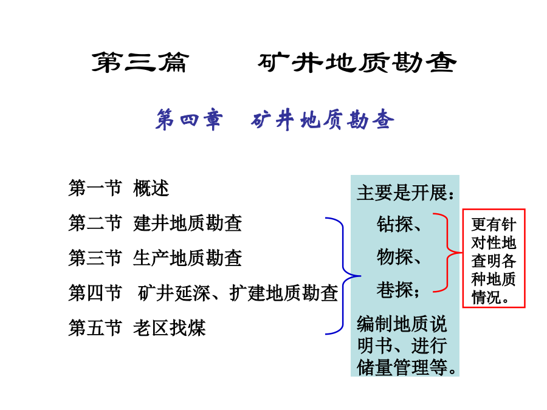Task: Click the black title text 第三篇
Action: coord(140,63)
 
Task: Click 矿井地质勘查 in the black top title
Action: coord(357,63)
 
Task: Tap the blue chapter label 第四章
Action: coord(189,120)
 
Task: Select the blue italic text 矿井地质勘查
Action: coord(322,120)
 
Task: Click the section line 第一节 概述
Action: coord(119,188)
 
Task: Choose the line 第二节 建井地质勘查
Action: coord(155,223)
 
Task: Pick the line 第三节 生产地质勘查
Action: coord(155,258)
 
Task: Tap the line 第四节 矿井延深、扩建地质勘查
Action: coord(204,293)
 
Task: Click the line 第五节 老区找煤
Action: coord(137,328)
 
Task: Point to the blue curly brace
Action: coord(343,275)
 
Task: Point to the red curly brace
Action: coord(447,252)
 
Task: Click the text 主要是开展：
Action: coord(406,193)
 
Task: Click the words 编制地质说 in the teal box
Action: coord(402,324)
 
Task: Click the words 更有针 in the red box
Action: coord(494,224)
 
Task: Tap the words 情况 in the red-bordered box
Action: coord(484,298)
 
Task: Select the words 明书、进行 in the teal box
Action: coord(402,346)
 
